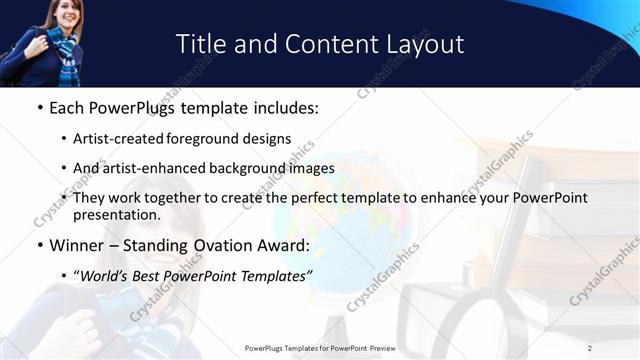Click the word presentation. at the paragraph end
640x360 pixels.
tap(116, 214)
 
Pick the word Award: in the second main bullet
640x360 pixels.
tap(283, 245)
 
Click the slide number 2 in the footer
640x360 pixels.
tap(589, 348)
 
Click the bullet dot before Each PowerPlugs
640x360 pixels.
tap(38, 107)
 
